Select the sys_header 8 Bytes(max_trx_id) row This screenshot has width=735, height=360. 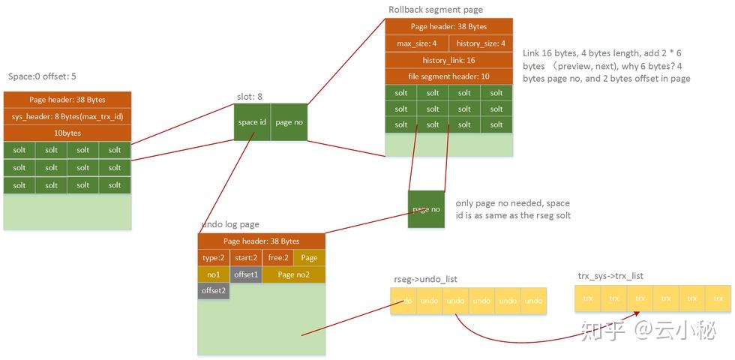67,116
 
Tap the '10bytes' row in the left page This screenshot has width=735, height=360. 67,133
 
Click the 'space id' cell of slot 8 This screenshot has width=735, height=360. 253,122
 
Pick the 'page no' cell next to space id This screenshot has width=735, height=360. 289,122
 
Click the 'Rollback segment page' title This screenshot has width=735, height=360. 436,10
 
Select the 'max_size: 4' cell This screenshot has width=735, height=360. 417,43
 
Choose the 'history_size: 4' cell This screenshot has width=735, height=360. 481,43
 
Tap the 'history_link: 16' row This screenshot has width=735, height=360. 448,60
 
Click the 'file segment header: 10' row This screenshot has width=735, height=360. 448,76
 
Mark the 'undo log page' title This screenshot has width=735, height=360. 230,224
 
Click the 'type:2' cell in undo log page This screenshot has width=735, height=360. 214,258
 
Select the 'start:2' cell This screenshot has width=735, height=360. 245,258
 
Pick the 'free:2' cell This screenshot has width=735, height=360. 277,258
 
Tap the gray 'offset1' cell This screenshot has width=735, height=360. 245,274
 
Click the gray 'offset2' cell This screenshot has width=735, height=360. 214,291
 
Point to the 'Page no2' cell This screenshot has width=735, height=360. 294,274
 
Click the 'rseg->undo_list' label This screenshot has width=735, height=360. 425,279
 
